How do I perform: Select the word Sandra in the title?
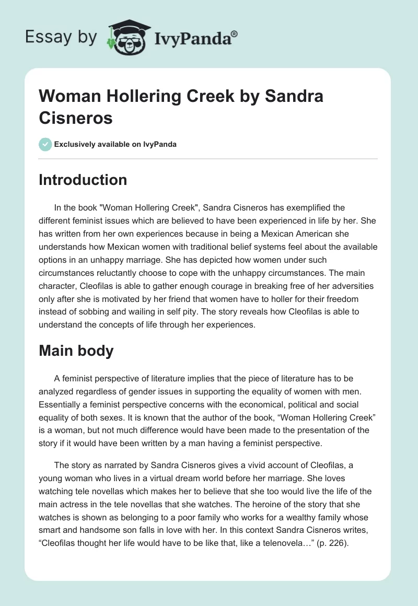(x=294, y=96)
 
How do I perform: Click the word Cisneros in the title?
(x=76, y=118)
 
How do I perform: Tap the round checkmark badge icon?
(x=45, y=144)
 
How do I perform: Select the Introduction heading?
(x=83, y=180)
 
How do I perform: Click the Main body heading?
(x=76, y=351)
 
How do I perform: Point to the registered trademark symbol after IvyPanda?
(x=235, y=34)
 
